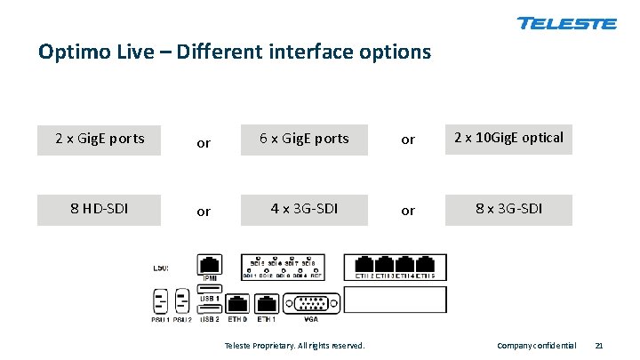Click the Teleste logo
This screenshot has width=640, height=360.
point(566,23)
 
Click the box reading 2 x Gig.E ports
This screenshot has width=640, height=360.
point(99,139)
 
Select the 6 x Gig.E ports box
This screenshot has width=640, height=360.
point(304,139)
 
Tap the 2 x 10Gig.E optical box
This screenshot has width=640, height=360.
point(508,138)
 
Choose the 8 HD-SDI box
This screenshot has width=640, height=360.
point(99,209)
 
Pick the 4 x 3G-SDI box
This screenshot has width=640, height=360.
point(304,209)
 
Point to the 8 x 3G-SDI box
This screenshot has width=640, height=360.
point(508,209)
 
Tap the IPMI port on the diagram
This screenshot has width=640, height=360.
point(211,264)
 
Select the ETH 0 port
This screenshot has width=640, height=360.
point(237,302)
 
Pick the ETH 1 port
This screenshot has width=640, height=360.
point(267,302)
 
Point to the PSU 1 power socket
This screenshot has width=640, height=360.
point(161,299)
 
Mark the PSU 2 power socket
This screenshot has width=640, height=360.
point(183,299)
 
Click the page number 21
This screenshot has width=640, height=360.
point(599,345)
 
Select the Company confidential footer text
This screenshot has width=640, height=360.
point(536,345)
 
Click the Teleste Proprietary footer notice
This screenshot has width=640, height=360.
point(294,345)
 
